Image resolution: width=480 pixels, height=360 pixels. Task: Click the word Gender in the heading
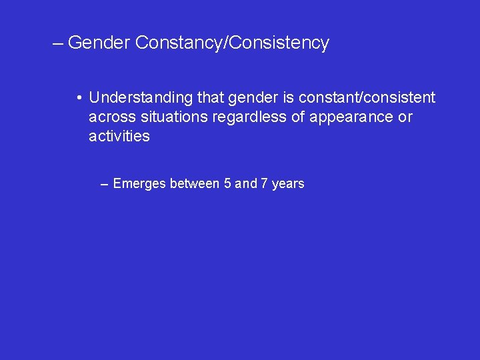click(x=99, y=43)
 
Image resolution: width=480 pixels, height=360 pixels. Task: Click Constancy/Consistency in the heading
click(x=232, y=43)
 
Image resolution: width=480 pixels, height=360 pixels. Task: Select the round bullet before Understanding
click(x=79, y=99)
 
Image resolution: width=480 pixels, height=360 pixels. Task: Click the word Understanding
click(x=141, y=98)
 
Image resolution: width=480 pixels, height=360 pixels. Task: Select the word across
click(x=109, y=117)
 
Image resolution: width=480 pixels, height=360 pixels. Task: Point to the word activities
click(x=119, y=137)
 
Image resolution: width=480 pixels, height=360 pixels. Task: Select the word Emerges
click(x=140, y=183)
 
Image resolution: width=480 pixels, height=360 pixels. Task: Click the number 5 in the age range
click(x=228, y=183)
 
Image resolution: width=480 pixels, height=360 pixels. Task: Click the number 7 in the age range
click(x=264, y=183)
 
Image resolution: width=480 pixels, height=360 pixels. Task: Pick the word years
click(x=288, y=184)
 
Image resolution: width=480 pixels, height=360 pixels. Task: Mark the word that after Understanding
click(x=211, y=98)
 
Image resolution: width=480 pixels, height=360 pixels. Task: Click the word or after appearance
click(x=405, y=117)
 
